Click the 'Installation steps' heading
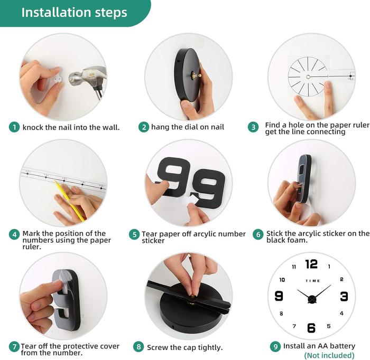74,12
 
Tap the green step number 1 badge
14,127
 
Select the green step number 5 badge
134,234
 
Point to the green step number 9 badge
275,347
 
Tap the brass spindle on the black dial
196,75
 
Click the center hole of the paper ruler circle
308,77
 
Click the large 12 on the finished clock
311,264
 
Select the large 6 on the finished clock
311,328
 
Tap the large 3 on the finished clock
344,296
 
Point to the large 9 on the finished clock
279,296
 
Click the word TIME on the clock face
313,281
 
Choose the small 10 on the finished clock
282,280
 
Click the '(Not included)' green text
329,355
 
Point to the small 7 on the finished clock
294,326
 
